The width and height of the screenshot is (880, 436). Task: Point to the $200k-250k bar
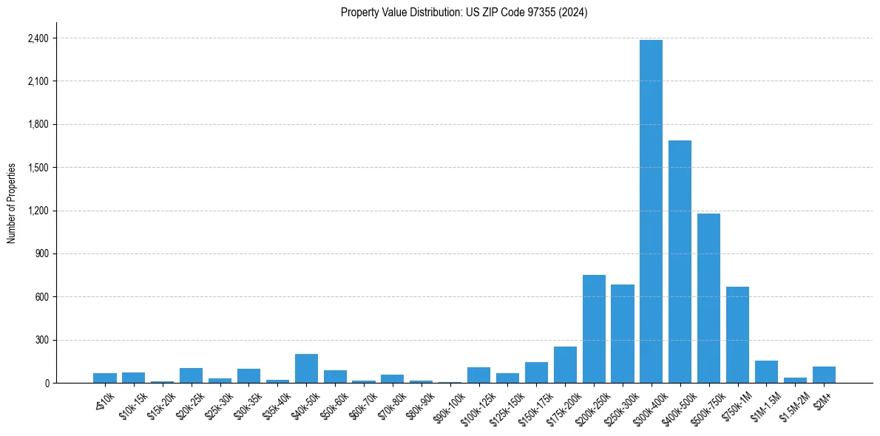click(594, 329)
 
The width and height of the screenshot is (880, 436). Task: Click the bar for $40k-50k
click(306, 369)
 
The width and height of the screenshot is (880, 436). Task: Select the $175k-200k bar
click(565, 365)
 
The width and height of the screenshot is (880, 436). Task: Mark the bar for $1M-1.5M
click(766, 372)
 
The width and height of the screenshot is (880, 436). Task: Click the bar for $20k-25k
click(191, 375)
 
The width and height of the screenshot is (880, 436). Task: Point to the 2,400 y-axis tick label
click(38, 38)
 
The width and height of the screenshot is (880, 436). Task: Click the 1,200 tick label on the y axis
click(38, 211)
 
